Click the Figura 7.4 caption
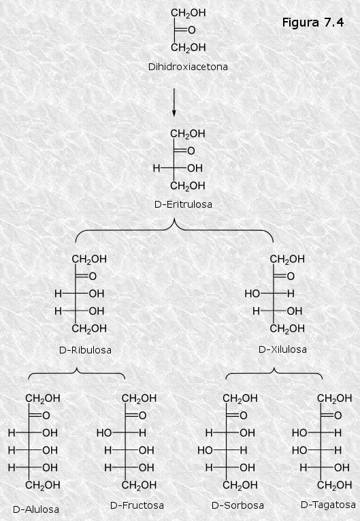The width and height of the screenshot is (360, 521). (313, 22)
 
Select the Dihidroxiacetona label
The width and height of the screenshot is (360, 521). (188, 67)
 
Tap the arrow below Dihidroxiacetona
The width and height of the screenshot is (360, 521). (174, 102)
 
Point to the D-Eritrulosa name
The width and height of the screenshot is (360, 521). (183, 204)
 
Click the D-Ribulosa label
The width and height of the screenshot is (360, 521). (85, 350)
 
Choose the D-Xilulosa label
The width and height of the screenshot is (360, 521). (282, 349)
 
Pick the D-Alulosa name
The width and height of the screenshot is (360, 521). (36, 509)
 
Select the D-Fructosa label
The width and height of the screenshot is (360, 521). (137, 505)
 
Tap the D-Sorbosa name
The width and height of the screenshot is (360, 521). (238, 505)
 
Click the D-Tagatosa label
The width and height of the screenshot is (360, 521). (328, 505)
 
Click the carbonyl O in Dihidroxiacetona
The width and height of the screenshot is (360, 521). (192, 30)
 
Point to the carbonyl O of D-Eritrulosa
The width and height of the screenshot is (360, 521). (191, 151)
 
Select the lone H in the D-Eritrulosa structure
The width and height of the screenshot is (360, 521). (157, 168)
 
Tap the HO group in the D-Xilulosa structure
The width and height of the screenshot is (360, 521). (252, 294)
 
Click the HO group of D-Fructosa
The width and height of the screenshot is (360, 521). (104, 433)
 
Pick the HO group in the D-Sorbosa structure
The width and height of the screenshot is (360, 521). (205, 450)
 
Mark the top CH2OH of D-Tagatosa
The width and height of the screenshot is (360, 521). (334, 398)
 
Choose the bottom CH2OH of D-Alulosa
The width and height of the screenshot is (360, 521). (43, 486)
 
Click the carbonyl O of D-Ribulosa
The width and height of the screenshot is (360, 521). (93, 277)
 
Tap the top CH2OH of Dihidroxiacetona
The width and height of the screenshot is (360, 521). (189, 14)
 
